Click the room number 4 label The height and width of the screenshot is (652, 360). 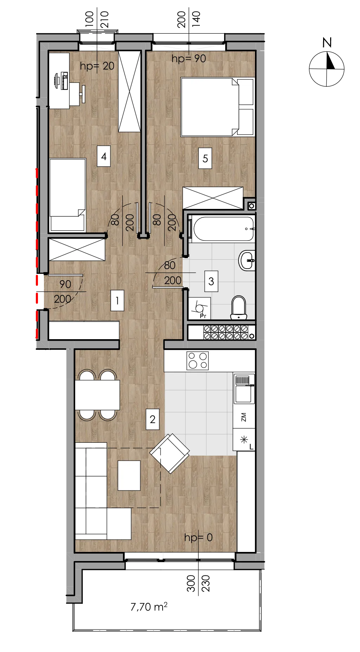(x=104, y=156)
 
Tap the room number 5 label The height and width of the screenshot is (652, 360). (x=205, y=158)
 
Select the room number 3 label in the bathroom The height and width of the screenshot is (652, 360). (x=211, y=281)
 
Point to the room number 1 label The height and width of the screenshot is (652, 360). (x=117, y=301)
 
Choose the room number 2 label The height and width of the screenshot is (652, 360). (x=152, y=419)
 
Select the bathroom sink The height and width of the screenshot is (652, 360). (x=247, y=261)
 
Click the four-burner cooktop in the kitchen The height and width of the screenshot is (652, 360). (x=198, y=361)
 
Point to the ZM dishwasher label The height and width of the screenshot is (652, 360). (x=244, y=417)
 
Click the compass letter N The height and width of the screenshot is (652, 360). (x=327, y=43)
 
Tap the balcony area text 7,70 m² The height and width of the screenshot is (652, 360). (x=149, y=607)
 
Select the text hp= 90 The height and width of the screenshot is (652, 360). (x=189, y=59)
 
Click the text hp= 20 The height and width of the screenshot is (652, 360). (x=97, y=66)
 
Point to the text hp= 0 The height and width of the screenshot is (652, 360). (x=198, y=538)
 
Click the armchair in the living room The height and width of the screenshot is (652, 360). (x=170, y=454)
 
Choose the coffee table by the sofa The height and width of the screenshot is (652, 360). (x=129, y=475)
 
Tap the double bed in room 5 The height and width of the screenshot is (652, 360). (x=218, y=107)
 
